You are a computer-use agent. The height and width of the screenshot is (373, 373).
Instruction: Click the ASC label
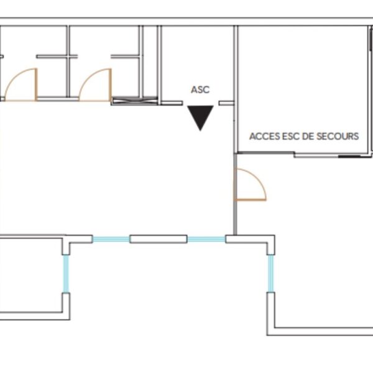click(x=200, y=90)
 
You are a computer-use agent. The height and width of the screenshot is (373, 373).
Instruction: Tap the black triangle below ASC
click(x=200, y=117)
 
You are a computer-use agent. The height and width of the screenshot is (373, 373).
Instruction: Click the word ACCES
click(x=265, y=136)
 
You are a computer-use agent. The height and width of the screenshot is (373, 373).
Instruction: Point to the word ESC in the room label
click(x=290, y=136)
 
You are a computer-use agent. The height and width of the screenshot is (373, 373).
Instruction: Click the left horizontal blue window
click(x=111, y=239)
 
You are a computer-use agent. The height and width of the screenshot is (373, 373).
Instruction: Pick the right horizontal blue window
click(x=206, y=239)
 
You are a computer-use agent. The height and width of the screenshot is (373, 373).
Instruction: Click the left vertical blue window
click(x=66, y=274)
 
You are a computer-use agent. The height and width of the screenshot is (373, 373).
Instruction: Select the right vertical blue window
click(x=270, y=274)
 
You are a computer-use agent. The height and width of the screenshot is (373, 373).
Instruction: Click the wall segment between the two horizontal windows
click(x=159, y=239)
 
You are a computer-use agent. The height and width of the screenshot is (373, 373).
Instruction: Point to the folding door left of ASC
click(x=135, y=101)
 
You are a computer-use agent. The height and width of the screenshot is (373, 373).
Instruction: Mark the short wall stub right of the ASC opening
click(x=226, y=103)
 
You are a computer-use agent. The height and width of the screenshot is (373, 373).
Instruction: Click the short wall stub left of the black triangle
click(x=172, y=103)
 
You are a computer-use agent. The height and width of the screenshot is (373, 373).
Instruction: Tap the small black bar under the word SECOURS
click(x=349, y=156)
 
